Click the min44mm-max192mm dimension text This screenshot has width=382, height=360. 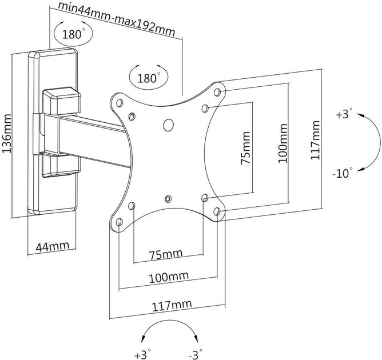click(x=117, y=18)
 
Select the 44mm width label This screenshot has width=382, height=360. click(x=53, y=246)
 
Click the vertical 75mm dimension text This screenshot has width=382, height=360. click(x=245, y=148)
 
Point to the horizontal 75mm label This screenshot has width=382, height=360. click(x=166, y=254)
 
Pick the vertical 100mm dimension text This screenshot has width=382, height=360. click(x=282, y=143)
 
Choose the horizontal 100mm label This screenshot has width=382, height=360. click(x=169, y=277)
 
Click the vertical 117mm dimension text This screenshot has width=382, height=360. click(x=315, y=140)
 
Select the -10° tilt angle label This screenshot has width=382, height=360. click(x=342, y=173)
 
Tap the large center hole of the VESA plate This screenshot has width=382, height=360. click(x=168, y=125)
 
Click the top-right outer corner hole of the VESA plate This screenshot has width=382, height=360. click(x=217, y=92)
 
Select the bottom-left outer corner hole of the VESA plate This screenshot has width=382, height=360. click(x=120, y=222)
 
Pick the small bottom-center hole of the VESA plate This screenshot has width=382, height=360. click(x=168, y=199)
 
